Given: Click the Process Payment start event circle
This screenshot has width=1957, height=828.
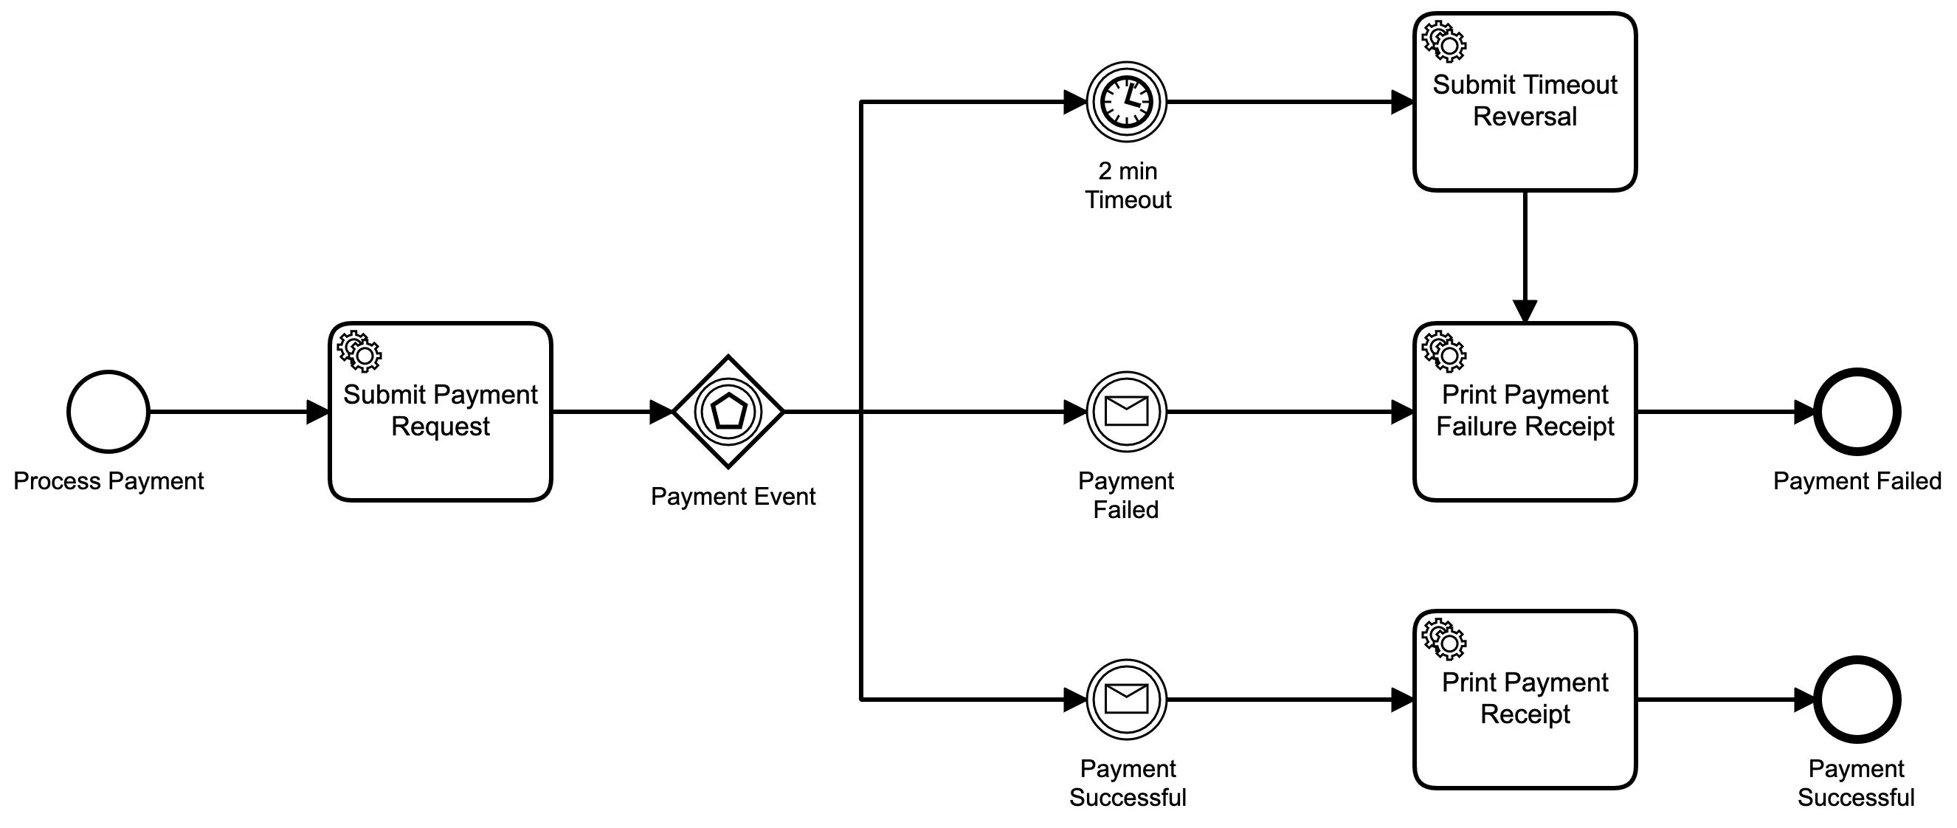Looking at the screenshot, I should click(108, 412).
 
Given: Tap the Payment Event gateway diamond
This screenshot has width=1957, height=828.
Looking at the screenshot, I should click(728, 412).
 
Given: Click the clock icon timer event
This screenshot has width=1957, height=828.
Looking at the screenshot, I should click(1126, 102).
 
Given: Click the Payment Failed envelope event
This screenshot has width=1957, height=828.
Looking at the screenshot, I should click(1126, 412).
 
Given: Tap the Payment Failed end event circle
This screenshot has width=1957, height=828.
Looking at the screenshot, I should click(1856, 412).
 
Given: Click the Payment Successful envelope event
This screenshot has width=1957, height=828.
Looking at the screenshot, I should click(1126, 699).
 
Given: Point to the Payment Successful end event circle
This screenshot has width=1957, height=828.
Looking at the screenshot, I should click(1856, 699).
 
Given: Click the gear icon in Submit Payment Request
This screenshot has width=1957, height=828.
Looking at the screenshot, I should click(359, 351).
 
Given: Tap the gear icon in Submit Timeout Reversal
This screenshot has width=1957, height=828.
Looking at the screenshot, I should click(1444, 41).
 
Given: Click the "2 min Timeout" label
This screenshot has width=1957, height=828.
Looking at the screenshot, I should click(1128, 185).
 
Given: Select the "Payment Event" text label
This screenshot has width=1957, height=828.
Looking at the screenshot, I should click(732, 497).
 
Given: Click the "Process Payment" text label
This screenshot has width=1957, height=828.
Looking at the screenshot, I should click(108, 481).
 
